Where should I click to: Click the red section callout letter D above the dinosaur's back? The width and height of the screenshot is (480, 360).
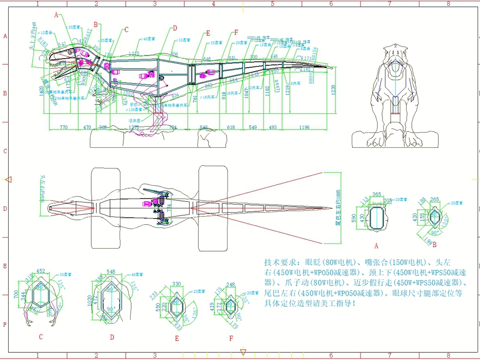(x=175, y=28)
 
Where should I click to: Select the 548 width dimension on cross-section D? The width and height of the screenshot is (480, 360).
(x=111, y=272)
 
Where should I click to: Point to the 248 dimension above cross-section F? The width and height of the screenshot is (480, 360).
(x=231, y=285)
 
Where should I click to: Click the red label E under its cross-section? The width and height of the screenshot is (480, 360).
(x=177, y=338)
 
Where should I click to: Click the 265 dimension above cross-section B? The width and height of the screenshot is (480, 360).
(x=435, y=199)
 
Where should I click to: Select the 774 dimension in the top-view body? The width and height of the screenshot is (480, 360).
(x=168, y=209)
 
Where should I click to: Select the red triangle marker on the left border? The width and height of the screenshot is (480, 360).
(x=8, y=180)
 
